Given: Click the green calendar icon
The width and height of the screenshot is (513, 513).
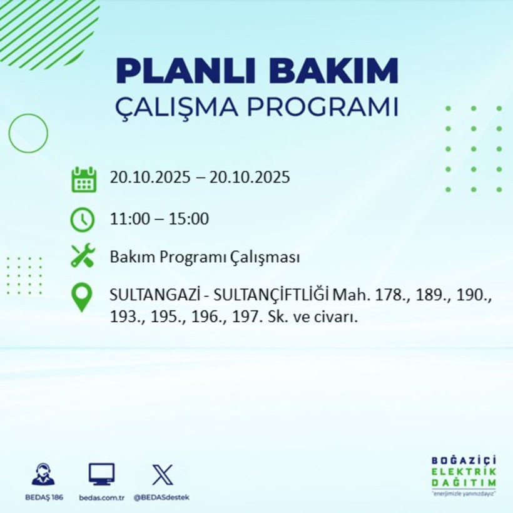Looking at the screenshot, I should pyautogui.click(x=83, y=179).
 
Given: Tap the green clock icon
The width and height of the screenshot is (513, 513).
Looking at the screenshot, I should pyautogui.click(x=83, y=220).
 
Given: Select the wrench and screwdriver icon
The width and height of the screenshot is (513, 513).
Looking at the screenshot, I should pyautogui.click(x=83, y=256).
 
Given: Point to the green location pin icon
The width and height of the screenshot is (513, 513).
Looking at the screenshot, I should pyautogui.click(x=83, y=298).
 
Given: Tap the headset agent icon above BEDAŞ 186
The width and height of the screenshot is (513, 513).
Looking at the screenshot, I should pyautogui.click(x=43, y=475).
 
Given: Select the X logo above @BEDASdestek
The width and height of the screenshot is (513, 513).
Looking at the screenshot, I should pyautogui.click(x=162, y=475).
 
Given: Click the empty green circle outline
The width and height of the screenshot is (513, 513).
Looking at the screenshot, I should pyautogui.click(x=28, y=133).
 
